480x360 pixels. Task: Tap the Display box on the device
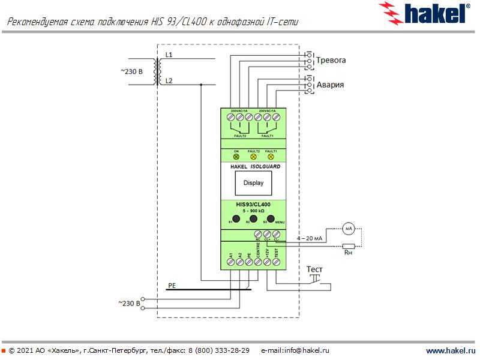[253, 183]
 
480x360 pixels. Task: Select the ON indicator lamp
[236, 157]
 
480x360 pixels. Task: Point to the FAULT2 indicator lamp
[253, 157]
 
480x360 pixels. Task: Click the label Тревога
[331, 61]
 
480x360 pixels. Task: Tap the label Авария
[330, 85]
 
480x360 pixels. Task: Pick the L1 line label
[169, 55]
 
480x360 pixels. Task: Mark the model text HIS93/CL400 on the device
[253, 205]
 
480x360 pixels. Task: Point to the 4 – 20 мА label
[310, 239]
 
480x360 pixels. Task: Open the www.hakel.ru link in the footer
[449, 350]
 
